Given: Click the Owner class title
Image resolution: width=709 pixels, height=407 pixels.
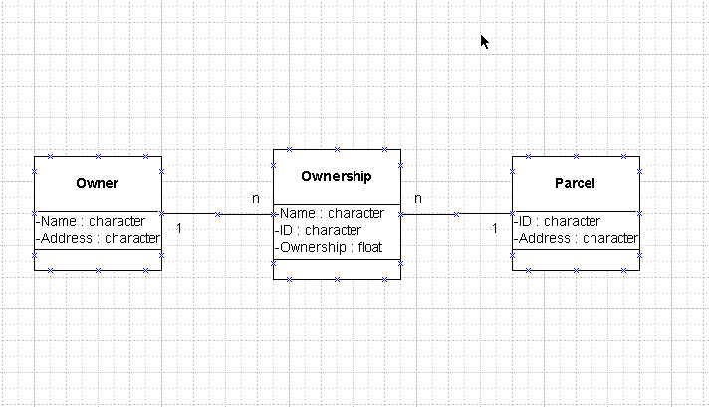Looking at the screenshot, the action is click(x=98, y=183).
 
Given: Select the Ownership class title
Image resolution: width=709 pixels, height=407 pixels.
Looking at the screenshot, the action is click(x=337, y=176).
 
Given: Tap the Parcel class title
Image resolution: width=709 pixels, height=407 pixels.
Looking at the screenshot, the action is click(x=575, y=183).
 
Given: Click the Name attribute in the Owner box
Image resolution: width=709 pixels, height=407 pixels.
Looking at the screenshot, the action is click(x=91, y=221).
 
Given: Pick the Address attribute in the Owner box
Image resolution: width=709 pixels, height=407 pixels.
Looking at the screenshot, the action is click(x=99, y=238).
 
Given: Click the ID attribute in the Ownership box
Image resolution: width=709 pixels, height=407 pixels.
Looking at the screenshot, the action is click(x=318, y=230).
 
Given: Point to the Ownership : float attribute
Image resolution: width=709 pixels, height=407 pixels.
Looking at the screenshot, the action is click(x=329, y=247).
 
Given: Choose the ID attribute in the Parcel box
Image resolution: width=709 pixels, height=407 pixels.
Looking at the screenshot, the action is click(x=557, y=221).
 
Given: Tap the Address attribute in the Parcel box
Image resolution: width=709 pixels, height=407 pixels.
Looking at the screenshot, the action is click(x=576, y=238).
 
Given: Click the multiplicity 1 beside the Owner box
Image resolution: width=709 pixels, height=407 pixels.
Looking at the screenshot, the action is click(x=178, y=228).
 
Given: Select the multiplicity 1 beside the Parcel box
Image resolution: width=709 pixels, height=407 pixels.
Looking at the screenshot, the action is click(x=494, y=228).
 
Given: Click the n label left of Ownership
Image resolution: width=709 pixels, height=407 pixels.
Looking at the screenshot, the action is click(x=256, y=198).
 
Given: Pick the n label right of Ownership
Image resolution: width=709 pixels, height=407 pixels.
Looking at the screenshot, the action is click(x=418, y=198).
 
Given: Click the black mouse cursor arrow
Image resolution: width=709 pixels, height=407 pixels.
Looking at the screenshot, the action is click(x=484, y=42).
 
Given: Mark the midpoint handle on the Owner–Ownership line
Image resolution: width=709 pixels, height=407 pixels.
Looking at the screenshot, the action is click(x=217, y=214).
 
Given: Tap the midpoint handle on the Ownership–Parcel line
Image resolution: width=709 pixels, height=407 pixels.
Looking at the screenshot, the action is click(x=456, y=214).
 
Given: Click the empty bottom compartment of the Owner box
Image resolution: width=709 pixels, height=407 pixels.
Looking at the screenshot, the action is click(x=99, y=260).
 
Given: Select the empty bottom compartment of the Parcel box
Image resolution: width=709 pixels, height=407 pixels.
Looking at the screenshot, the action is click(x=576, y=260).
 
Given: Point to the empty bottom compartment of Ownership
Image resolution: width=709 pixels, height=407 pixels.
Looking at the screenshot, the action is click(x=337, y=270).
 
